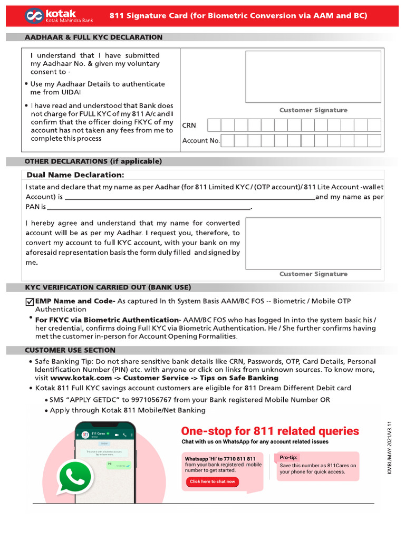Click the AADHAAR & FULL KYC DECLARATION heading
[94, 37]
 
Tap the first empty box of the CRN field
[214, 125]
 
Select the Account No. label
[201, 141]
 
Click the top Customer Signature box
[313, 76]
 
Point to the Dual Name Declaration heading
[75, 175]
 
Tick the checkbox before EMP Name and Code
[30, 302]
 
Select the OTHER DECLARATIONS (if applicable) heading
[93, 161]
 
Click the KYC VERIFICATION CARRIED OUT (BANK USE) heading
[108, 287]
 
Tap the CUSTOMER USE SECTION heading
[70, 350]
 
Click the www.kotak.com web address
[81, 378]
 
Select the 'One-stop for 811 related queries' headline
[270, 431]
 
